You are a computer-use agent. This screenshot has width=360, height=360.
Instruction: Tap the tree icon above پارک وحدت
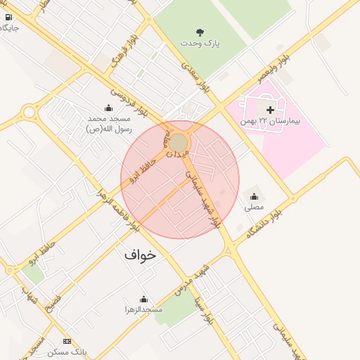202,32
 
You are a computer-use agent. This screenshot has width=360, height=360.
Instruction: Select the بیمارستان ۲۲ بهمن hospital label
270,122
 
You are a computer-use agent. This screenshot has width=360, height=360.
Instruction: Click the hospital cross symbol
270,110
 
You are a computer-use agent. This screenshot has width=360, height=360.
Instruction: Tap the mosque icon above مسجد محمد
108,108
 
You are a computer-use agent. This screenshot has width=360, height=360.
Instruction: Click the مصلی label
254,207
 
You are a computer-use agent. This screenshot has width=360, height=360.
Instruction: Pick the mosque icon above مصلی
254,196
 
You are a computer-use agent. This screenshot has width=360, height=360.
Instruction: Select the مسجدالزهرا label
143,309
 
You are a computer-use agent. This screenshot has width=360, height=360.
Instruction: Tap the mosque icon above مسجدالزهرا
143,299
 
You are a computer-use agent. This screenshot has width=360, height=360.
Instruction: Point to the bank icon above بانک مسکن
67,341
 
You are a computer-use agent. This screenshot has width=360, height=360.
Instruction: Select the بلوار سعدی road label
196,77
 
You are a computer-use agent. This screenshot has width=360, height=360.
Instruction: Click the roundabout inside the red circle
179,143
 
